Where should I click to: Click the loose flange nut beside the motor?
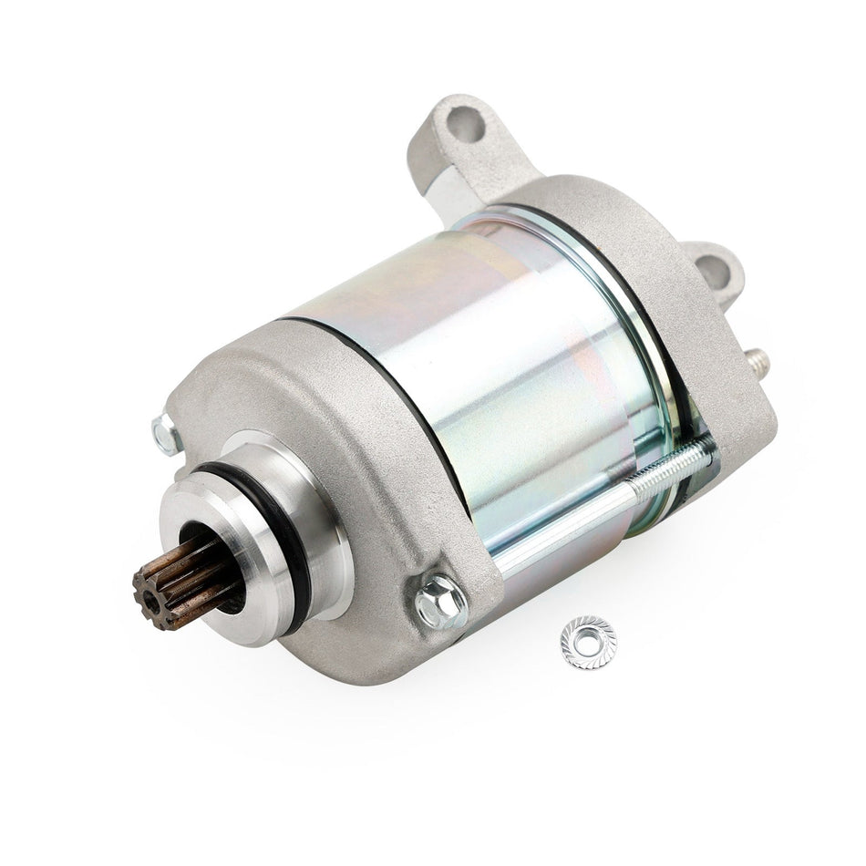[x=588, y=641]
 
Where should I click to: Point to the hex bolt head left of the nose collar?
[x=165, y=435]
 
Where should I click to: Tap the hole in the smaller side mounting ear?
[x=711, y=268]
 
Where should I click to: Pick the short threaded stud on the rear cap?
[x=759, y=362]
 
